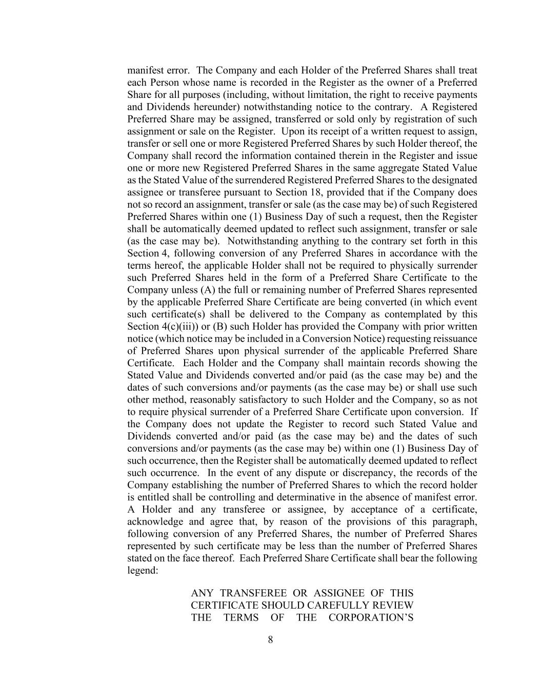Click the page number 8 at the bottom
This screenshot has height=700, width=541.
270,639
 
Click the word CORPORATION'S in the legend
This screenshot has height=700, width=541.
371,618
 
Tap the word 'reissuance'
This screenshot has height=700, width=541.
455,339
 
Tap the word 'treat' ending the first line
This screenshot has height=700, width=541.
468,70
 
